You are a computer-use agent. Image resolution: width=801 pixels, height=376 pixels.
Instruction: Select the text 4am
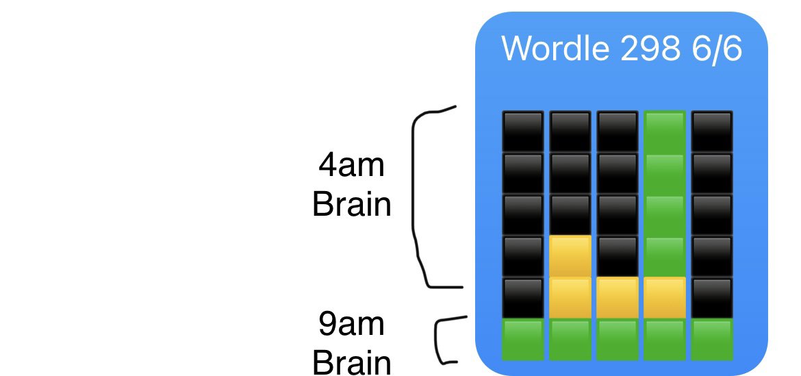tap(351, 165)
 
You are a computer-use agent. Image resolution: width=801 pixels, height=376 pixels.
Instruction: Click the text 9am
tap(351, 324)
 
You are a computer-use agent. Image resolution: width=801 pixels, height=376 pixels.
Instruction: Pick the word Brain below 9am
tap(351, 362)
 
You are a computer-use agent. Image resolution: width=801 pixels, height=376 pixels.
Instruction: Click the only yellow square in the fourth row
tap(570, 256)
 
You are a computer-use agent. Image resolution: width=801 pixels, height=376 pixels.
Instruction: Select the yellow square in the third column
tap(618, 298)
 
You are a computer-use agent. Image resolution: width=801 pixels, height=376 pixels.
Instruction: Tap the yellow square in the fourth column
tap(665, 298)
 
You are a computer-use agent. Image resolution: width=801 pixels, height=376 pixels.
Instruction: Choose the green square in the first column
tap(523, 340)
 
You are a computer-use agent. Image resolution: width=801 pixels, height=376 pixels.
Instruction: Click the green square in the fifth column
tap(712, 340)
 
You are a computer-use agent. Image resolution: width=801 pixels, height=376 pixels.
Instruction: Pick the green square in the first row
tap(665, 131)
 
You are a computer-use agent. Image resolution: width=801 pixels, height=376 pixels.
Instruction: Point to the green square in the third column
tap(618, 340)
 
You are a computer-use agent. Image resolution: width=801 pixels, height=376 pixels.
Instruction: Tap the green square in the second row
tap(665, 173)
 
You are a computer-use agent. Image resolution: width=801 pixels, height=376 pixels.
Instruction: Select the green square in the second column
tap(570, 340)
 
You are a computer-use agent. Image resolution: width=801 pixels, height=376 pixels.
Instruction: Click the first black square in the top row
tap(523, 131)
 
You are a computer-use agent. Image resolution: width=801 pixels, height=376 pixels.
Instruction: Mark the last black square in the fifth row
tap(712, 298)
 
